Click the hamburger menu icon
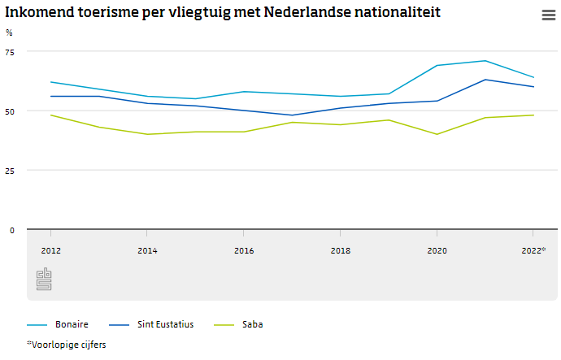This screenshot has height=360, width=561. (548, 15)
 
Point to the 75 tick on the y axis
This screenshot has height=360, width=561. (10, 51)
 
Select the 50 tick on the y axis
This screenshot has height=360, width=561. (10, 111)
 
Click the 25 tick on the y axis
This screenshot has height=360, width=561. (10, 171)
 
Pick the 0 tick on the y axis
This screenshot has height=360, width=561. (12, 230)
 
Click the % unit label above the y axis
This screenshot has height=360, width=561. (9, 33)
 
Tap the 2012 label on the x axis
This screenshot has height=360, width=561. (50, 251)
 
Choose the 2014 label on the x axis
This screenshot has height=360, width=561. (147, 251)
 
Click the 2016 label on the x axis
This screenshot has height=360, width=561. (244, 251)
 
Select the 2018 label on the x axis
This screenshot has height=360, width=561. (341, 251)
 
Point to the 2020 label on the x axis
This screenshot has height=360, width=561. (437, 251)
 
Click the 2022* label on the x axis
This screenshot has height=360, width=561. (533, 251)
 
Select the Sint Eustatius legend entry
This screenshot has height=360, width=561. (165, 324)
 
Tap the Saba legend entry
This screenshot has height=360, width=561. (252, 324)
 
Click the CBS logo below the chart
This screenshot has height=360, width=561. (44, 279)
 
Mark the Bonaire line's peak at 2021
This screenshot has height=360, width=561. (485, 61)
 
